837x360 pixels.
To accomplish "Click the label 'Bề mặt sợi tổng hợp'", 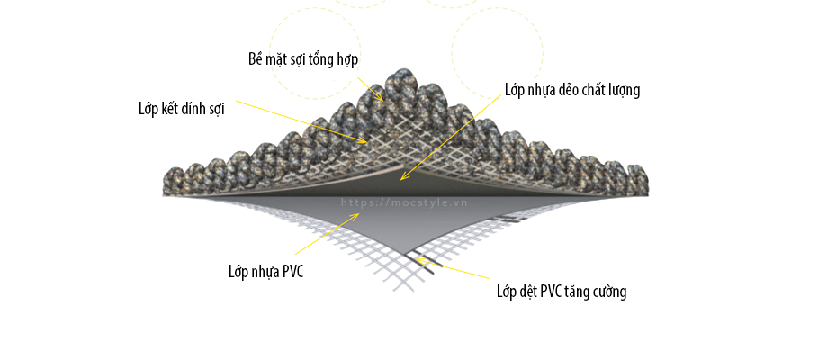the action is point(303,59).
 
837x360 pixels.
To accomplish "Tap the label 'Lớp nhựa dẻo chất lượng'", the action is point(571,90).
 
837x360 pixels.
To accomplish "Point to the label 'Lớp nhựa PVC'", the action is point(265,271).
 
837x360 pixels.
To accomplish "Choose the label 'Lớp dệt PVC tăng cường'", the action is point(562,292).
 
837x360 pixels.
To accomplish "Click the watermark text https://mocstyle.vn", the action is point(404,202).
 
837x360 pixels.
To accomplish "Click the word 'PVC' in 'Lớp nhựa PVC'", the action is point(292,271).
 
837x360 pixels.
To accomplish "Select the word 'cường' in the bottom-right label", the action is point(609,292).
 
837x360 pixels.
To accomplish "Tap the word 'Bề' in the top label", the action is point(256,59).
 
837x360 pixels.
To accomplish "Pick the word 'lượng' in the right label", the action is point(622,90).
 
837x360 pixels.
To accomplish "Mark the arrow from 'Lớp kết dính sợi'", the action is point(297,121).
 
